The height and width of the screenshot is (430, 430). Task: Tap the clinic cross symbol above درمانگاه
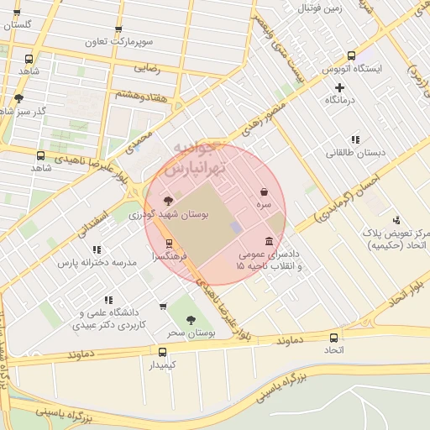(339, 87)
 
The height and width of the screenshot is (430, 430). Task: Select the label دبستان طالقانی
(357, 153)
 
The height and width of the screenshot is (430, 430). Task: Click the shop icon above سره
(265, 192)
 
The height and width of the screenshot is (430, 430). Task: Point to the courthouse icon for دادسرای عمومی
(268, 241)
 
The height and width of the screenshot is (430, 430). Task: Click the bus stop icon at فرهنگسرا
(170, 244)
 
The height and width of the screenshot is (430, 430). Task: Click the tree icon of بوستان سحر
(191, 320)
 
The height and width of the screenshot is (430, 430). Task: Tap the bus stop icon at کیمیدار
(162, 352)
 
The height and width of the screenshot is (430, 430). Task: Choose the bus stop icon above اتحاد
(334, 337)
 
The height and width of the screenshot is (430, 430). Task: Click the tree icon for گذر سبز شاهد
(18, 99)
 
